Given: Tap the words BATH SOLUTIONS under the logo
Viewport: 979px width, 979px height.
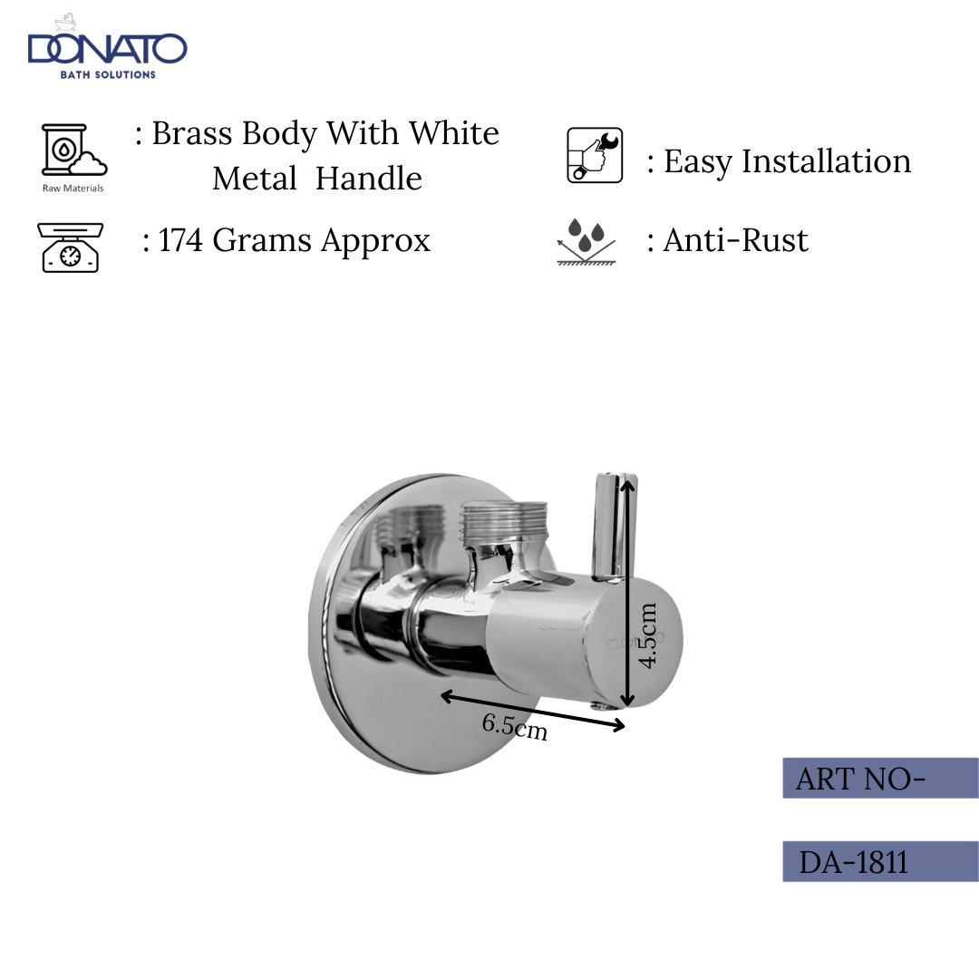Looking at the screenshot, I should tap(108, 74).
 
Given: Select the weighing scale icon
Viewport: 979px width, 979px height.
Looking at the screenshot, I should tap(70, 247).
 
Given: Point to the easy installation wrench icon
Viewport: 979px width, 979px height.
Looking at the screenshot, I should tap(595, 155).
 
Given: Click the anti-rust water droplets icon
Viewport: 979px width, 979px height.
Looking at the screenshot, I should tap(586, 241).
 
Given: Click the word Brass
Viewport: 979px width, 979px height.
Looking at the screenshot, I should tap(189, 133).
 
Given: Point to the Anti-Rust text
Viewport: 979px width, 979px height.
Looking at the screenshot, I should tap(735, 240).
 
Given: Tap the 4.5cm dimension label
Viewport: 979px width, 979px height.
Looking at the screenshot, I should tap(646, 635).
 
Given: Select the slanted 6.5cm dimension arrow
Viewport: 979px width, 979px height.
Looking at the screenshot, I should tap(533, 711).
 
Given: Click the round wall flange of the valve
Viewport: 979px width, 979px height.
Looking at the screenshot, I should tap(363, 689).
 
